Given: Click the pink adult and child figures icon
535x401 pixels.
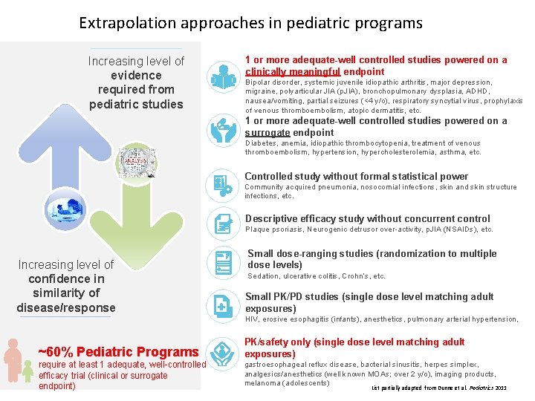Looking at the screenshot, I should pyautogui.click(x=16, y=363).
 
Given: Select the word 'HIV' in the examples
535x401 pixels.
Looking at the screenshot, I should pyautogui.click(x=252, y=319).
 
